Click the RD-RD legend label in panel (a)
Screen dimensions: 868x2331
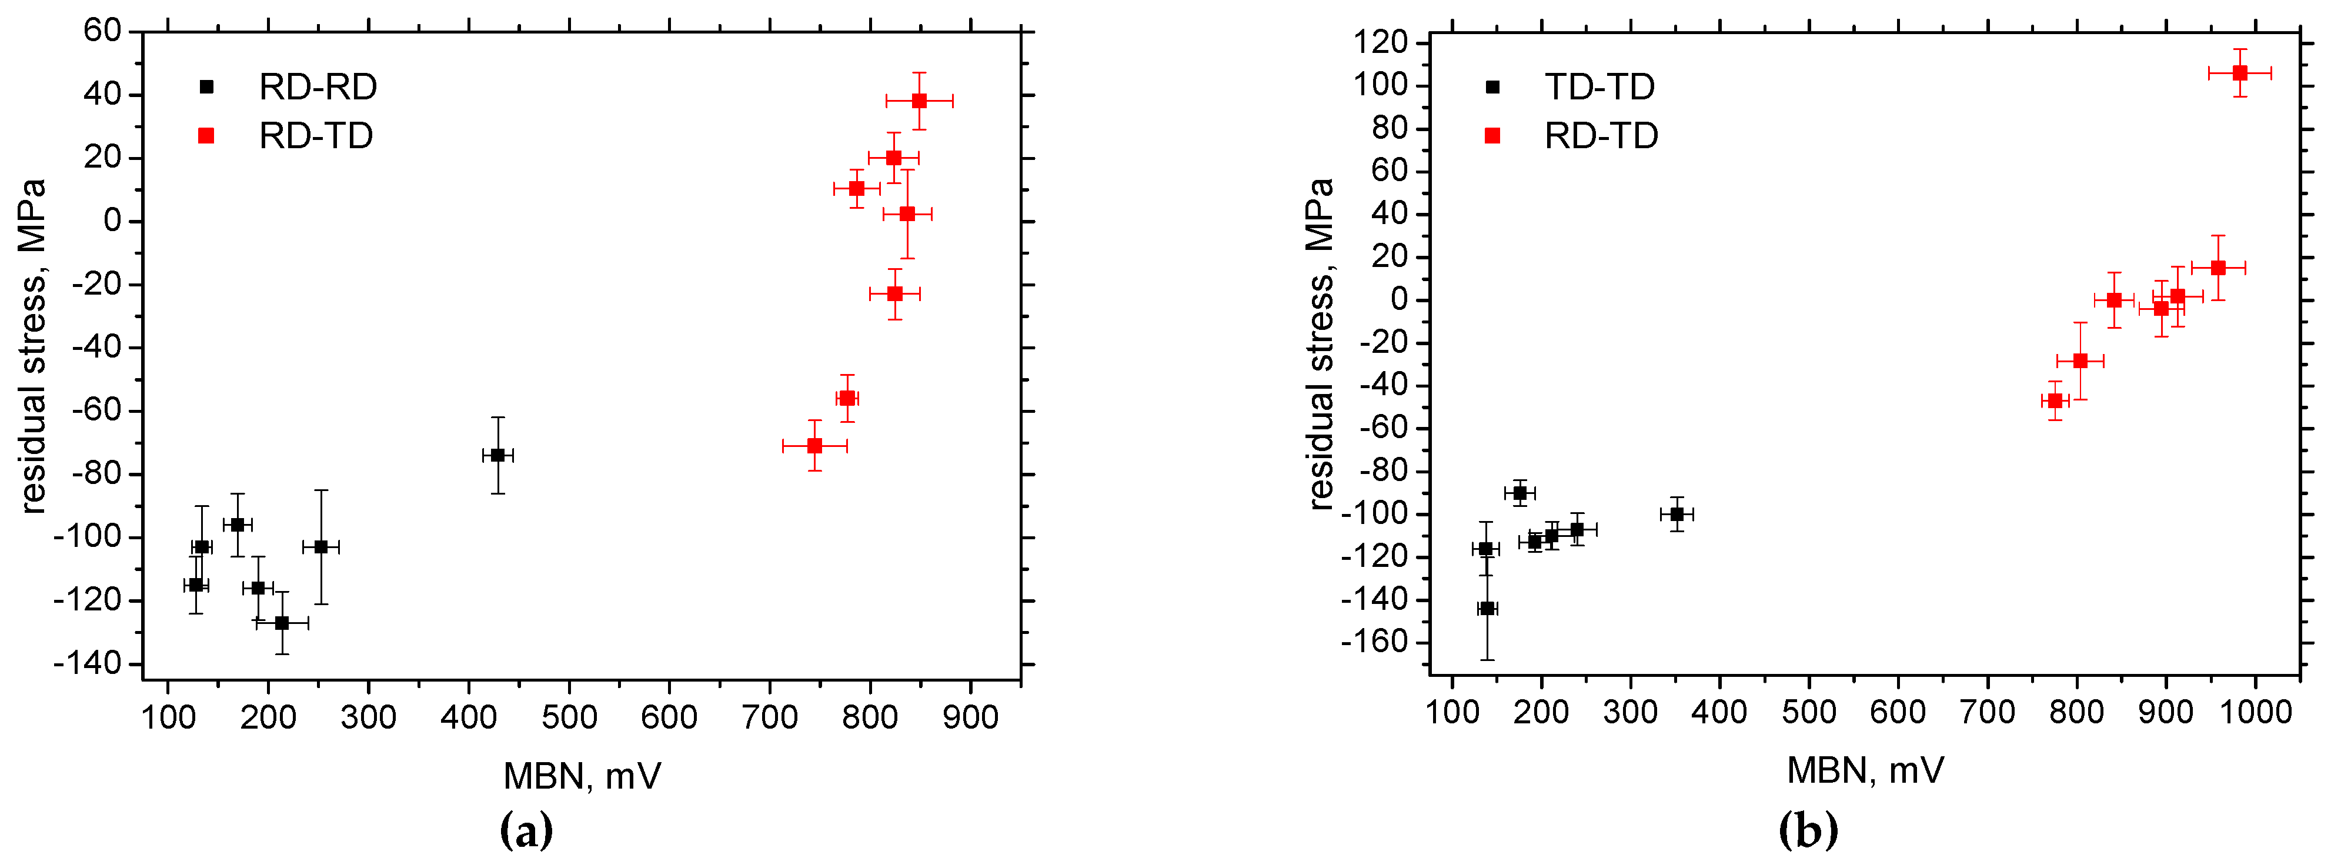tap(318, 87)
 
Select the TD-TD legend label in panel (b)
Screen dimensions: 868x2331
tap(1599, 87)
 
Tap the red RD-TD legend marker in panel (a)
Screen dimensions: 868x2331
tap(206, 136)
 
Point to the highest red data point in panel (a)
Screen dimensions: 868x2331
tap(919, 101)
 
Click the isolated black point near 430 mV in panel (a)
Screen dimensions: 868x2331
tap(497, 455)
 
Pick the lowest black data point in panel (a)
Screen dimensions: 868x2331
tap(282, 623)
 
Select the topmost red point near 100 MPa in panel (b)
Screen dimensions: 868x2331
tap(2240, 74)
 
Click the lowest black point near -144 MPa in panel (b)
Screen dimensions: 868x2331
tap(1487, 608)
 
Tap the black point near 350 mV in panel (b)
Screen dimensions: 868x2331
tap(1676, 514)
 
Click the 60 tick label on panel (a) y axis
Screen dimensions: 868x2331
tap(102, 31)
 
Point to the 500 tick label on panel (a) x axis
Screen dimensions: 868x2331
tap(569, 718)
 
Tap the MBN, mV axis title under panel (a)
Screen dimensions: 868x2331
tap(582, 776)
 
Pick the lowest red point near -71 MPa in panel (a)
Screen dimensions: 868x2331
tap(814, 445)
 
